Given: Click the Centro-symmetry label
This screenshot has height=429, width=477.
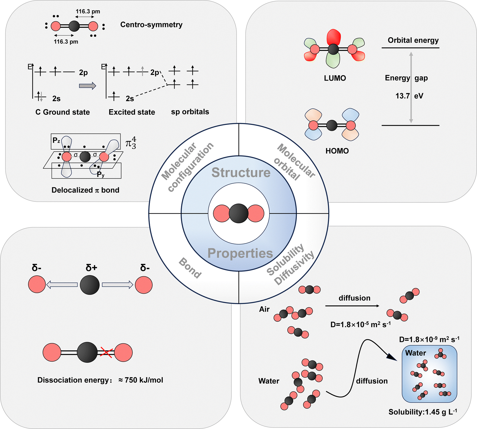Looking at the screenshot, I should tap(151, 25).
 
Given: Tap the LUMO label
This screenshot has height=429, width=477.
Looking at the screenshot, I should tap(335, 78).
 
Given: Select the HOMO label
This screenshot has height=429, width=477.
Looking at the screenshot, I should tap(337, 151).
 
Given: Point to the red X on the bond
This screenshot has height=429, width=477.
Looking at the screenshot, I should tap(106, 352).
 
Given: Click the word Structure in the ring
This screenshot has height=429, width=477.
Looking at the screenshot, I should tap(241, 172).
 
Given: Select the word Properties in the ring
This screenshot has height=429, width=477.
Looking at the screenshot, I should tap(240, 253).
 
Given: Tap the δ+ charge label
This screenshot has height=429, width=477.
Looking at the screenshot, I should tap(91, 268).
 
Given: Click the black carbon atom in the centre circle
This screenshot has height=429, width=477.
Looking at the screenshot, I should tap(239, 213).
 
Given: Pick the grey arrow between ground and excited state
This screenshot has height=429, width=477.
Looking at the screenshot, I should tap(88, 86).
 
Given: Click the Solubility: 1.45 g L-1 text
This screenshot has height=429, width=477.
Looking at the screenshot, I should tap(423, 412).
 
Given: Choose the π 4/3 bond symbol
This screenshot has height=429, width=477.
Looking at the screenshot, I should tap(131, 143).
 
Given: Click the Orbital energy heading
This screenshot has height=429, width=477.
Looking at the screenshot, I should tap(413, 40).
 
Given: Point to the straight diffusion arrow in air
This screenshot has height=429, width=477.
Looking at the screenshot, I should tap(352, 306).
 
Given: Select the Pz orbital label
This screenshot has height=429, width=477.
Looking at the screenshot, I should tap(56, 140).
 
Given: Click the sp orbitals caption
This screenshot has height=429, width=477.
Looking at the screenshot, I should tap(190, 112).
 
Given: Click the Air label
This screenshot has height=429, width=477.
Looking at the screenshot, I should tap(264, 309).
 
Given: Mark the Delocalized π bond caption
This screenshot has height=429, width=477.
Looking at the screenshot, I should tap(85, 190).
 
